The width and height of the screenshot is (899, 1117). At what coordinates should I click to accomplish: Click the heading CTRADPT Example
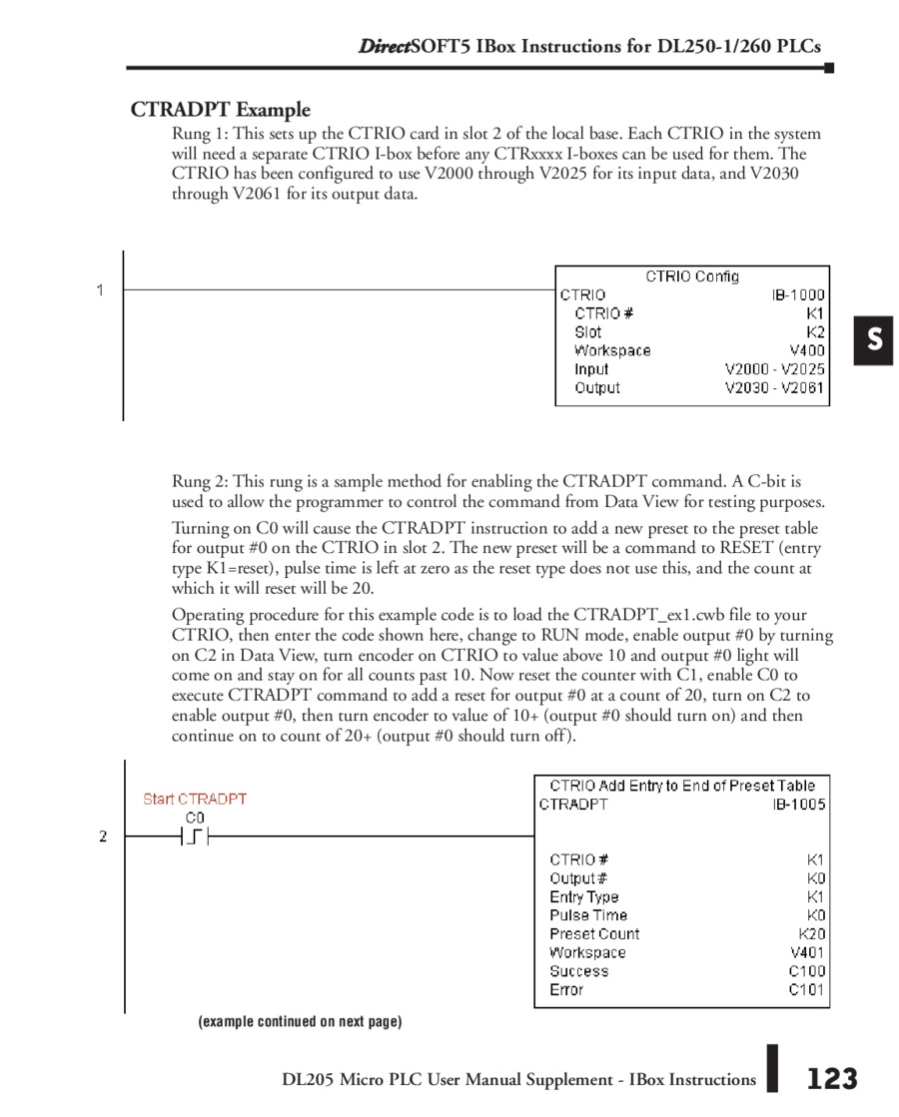click(x=220, y=110)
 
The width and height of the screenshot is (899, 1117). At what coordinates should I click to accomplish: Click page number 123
click(x=831, y=1078)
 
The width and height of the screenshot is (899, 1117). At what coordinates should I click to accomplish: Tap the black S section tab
click(x=874, y=340)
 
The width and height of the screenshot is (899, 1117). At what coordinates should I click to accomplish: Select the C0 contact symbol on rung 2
click(x=196, y=837)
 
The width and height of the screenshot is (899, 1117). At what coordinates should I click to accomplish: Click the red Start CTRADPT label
click(x=195, y=799)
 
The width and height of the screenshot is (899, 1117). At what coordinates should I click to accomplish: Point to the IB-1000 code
click(x=798, y=295)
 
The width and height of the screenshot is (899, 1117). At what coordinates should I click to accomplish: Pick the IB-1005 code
click(x=798, y=805)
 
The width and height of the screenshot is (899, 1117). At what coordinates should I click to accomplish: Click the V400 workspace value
click(x=807, y=350)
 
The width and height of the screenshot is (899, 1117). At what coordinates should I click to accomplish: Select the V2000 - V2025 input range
click(x=775, y=369)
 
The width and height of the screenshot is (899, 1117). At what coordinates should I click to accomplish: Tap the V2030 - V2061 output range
click(x=775, y=388)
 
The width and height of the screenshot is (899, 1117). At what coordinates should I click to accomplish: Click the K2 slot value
click(x=816, y=332)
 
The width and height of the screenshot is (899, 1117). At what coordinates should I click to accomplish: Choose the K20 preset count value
click(x=811, y=934)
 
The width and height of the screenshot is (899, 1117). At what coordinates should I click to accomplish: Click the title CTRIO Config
click(x=692, y=277)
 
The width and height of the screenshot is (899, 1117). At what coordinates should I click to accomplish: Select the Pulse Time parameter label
click(x=588, y=915)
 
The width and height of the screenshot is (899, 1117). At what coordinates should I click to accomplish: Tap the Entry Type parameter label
click(x=584, y=897)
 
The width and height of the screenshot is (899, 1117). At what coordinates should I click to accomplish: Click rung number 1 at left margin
click(x=100, y=290)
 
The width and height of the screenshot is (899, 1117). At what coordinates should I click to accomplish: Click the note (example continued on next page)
click(x=300, y=1021)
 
